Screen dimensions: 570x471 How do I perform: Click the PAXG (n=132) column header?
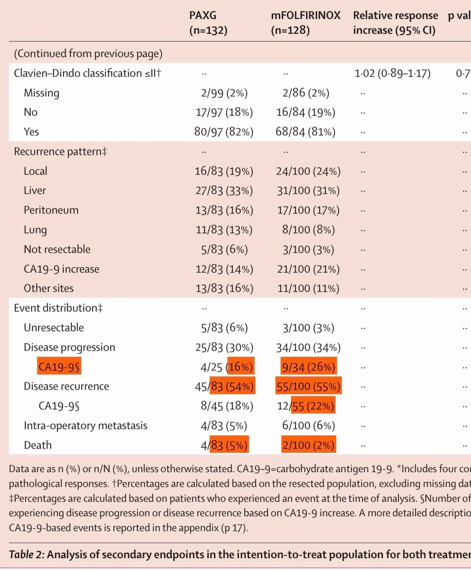coord(208,23)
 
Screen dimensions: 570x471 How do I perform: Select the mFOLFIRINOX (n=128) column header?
coord(305,23)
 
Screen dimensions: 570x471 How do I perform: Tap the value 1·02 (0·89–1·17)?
coord(392,73)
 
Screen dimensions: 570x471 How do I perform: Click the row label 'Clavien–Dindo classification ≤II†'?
coord(87,73)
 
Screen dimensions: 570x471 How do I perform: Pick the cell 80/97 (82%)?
coord(224,132)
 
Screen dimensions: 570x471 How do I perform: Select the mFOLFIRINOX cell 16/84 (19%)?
coord(305,112)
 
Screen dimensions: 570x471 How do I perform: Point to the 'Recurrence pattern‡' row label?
coord(60,152)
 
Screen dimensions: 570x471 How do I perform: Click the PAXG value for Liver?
coord(224,191)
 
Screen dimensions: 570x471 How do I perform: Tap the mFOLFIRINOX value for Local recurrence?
coord(308,171)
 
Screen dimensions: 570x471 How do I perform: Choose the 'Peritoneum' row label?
coord(51,210)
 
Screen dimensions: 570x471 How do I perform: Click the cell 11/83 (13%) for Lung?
coord(224,230)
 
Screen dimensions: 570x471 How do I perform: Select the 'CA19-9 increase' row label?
coord(62,269)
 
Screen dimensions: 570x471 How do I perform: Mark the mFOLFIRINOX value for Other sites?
coord(308,289)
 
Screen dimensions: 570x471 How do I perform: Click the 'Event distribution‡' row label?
coord(58,308)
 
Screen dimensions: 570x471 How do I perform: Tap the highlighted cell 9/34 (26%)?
coord(308,367)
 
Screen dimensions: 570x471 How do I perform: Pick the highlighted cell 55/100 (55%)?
coord(308,386)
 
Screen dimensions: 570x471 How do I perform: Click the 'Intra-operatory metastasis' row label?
coord(85,426)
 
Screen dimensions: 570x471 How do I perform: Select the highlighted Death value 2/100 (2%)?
coord(308,445)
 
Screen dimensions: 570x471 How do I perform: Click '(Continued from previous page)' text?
coord(88,54)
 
